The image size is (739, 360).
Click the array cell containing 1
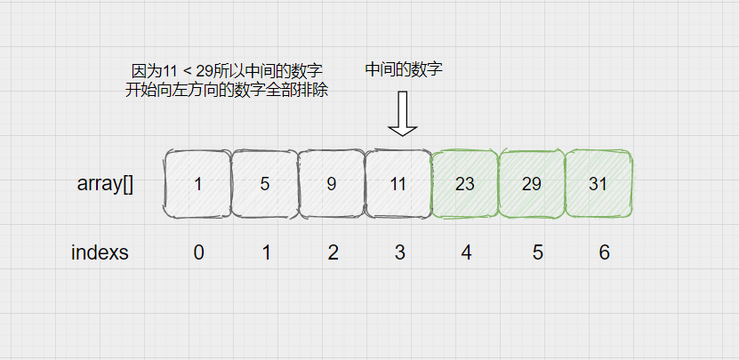pos(197,184)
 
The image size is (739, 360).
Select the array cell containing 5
pos(264,184)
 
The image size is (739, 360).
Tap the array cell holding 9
pos(331,184)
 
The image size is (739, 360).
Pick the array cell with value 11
pos(398,184)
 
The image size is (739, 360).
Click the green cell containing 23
pos(464,184)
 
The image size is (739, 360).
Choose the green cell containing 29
pos(532,184)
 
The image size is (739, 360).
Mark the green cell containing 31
pos(598,184)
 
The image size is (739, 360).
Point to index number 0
pos(198,252)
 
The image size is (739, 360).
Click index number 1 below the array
pos(266,252)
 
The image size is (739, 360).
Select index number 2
pos(333,252)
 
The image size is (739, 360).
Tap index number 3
pos(399,252)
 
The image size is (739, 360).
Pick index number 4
pos(466,252)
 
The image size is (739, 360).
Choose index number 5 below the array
pos(537,252)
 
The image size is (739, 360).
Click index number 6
pos(604,252)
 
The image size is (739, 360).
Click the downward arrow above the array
pos(403,115)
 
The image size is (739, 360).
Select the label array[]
pos(106,185)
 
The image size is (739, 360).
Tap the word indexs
pos(100,252)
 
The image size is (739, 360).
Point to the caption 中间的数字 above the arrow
pos(404,69)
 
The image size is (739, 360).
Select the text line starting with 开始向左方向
pos(228,90)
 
